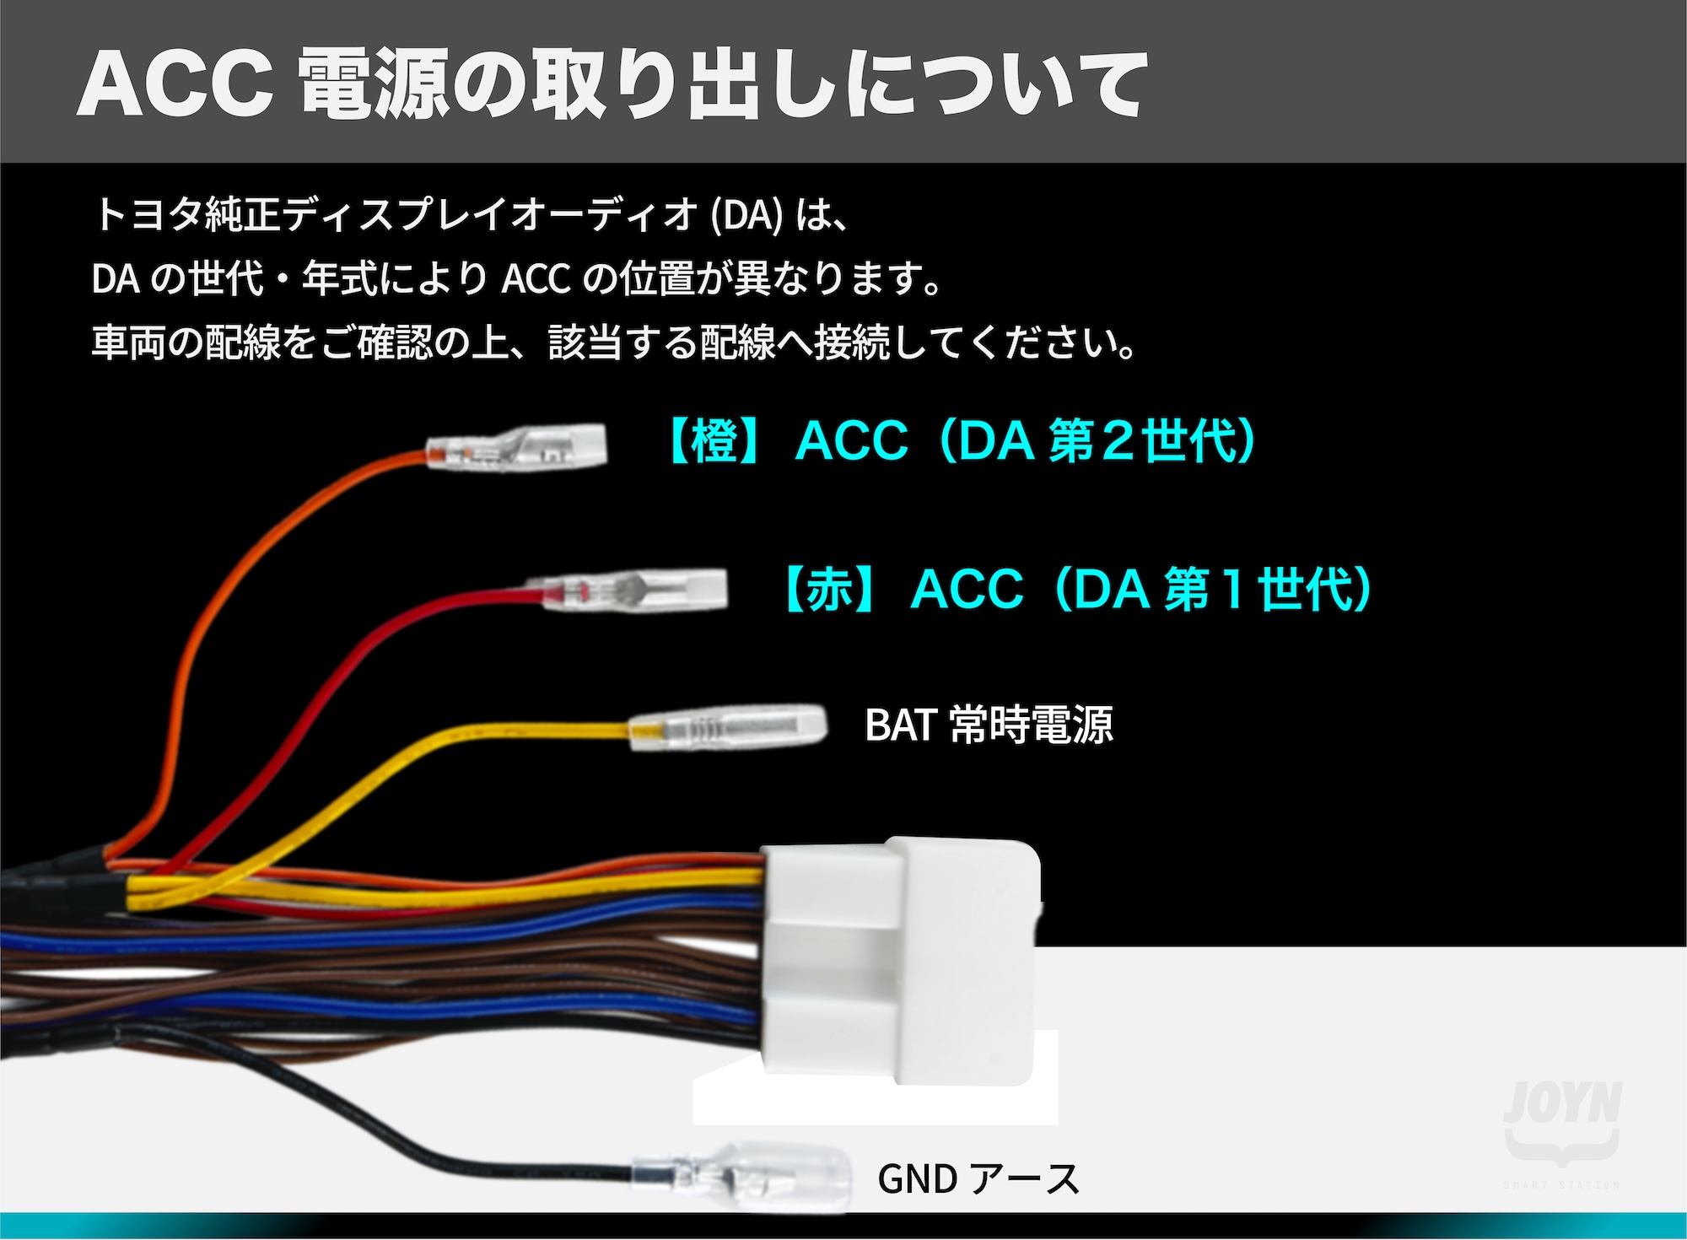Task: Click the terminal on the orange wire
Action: [x=516, y=447]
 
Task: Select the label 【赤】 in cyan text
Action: [x=831, y=589]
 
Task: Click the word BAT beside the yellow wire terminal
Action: [x=900, y=725]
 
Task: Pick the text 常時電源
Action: [x=1032, y=725]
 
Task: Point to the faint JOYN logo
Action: [x=1562, y=1104]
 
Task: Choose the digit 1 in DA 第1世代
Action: [x=1233, y=589]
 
